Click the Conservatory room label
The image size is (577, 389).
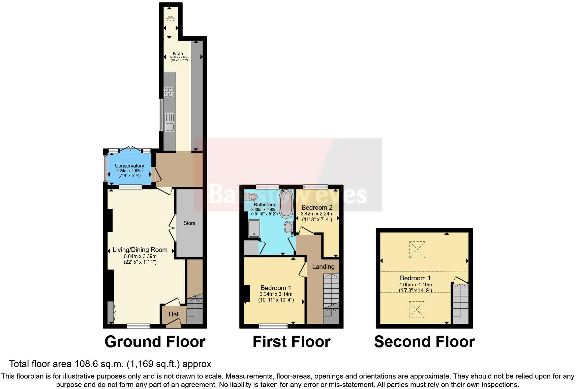click(x=129, y=166)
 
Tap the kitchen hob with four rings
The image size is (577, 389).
click(x=169, y=92)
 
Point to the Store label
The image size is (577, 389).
click(x=189, y=223)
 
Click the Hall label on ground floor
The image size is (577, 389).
click(x=174, y=314)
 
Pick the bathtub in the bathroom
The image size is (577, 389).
click(x=286, y=203)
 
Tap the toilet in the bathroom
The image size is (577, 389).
click(x=251, y=197)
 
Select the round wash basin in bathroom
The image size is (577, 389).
click(x=289, y=227)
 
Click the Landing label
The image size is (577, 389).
click(x=323, y=267)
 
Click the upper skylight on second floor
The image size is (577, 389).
click(x=417, y=250)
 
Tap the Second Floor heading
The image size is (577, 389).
click(x=424, y=342)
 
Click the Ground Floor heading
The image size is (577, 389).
click(x=155, y=342)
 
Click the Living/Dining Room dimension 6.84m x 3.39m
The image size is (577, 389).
click(x=140, y=256)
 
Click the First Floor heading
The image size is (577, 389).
click(x=292, y=342)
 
